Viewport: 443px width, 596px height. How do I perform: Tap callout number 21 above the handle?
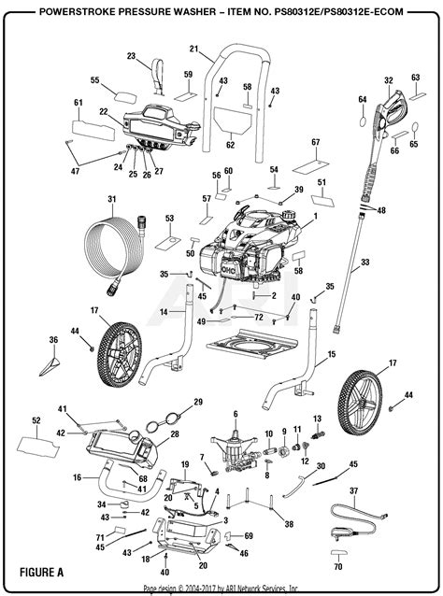[x=193, y=49]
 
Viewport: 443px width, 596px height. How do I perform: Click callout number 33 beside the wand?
[x=366, y=263]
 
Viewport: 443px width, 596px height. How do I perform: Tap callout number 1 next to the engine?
[x=316, y=217]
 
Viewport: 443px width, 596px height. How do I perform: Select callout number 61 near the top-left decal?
[x=79, y=101]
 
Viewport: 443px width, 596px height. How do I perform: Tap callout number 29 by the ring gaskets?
[x=197, y=402]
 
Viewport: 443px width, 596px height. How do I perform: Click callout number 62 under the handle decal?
[x=229, y=145]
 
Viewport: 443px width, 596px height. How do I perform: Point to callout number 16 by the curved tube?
[x=78, y=477]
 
